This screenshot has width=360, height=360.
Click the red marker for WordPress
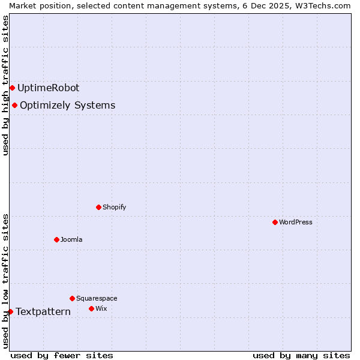(275, 222)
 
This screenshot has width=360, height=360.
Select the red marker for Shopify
(98, 207)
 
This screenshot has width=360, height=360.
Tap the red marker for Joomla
(56, 239)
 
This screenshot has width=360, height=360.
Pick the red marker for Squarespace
(72, 298)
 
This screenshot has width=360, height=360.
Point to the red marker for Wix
(91, 308)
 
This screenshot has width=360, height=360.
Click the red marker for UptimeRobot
(12, 88)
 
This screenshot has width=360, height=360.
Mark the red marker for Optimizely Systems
(14, 106)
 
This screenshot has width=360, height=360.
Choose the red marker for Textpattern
(10, 311)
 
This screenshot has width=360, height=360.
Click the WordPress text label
(296, 222)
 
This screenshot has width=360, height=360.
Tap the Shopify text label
(114, 207)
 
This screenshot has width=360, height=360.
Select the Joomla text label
(71, 239)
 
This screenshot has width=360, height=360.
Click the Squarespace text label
(97, 298)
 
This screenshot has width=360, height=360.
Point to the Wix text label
(101, 308)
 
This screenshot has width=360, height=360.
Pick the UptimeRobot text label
(48, 88)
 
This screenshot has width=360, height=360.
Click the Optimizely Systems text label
(67, 106)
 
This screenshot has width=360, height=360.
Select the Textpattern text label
(43, 311)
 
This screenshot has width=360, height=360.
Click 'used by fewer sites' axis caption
(62, 355)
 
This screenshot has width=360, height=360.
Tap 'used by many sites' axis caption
(301, 355)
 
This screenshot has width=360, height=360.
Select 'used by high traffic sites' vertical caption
(5, 85)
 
